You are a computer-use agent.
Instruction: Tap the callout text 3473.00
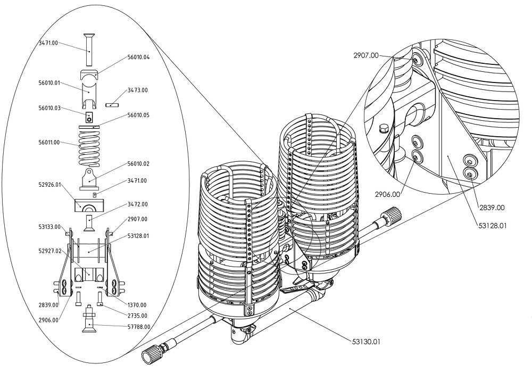(x=138, y=90)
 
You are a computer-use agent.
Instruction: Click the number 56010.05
(x=138, y=115)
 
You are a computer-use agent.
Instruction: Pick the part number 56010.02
(x=138, y=164)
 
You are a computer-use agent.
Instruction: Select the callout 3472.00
(x=138, y=204)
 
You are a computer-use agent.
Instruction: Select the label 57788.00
(x=138, y=327)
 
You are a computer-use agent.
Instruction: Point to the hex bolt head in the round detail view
(x=383, y=129)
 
